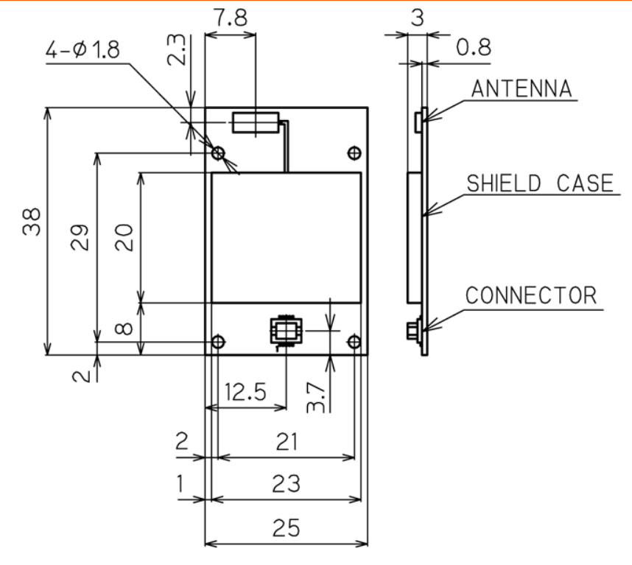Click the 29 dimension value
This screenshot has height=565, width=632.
click(80, 238)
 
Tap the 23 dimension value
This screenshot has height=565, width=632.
click(286, 484)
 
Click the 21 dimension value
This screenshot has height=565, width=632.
click(286, 441)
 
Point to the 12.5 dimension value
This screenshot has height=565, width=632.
click(245, 391)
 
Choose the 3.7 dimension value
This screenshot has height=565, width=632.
click(315, 396)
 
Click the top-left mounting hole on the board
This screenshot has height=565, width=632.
click(219, 153)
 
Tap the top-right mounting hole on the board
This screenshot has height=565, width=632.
click(354, 152)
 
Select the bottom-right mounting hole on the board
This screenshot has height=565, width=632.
click(354, 342)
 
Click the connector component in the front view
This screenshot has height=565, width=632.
click(284, 331)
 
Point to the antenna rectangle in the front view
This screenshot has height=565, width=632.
click(255, 122)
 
